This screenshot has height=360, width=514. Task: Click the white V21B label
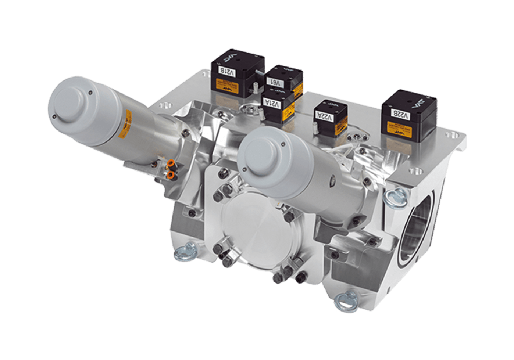(x=226, y=71)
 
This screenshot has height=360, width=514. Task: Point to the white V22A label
(x=325, y=117)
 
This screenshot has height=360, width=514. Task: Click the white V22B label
(x=400, y=115)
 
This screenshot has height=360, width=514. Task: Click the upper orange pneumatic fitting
(x=170, y=163)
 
